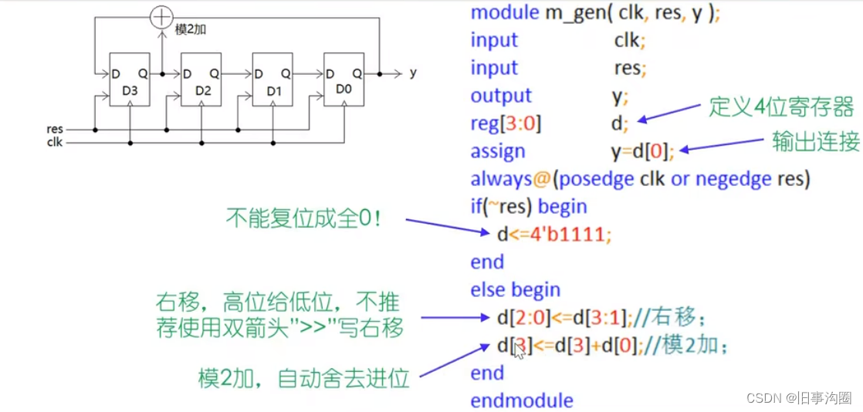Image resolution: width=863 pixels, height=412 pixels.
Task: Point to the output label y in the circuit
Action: click(413, 73)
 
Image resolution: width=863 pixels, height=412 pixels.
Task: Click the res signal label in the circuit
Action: click(55, 130)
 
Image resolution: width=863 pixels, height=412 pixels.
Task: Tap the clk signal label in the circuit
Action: click(55, 143)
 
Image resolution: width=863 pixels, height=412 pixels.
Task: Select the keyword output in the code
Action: click(501, 96)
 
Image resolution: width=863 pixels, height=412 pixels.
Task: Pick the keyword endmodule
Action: click(522, 400)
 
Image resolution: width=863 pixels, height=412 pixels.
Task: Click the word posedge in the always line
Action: click(595, 179)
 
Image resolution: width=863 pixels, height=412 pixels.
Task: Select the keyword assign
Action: click(498, 151)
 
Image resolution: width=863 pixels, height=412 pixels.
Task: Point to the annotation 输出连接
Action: click(816, 141)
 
